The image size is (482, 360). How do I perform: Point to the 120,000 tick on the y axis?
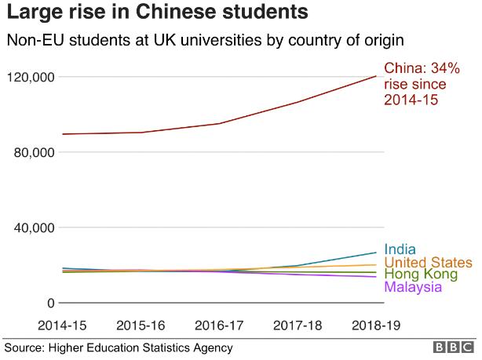coord(30,77)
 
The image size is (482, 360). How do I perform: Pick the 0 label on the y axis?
coord(49,303)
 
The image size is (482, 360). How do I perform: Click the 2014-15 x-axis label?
coord(62,324)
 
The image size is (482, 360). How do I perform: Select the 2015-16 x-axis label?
coord(141,324)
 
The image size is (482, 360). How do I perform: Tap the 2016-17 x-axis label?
coord(219,324)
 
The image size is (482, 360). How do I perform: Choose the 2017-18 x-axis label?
coord(298,324)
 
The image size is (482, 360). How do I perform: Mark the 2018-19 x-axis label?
coord(376,324)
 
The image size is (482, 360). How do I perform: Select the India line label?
coord(400,249)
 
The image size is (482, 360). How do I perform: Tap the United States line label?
coord(429,262)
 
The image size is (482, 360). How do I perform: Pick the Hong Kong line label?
coord(421,275)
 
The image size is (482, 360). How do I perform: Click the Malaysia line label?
coord(413,287)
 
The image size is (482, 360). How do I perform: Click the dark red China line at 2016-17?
coord(219,123)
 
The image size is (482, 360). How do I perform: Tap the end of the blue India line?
coord(375,253)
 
